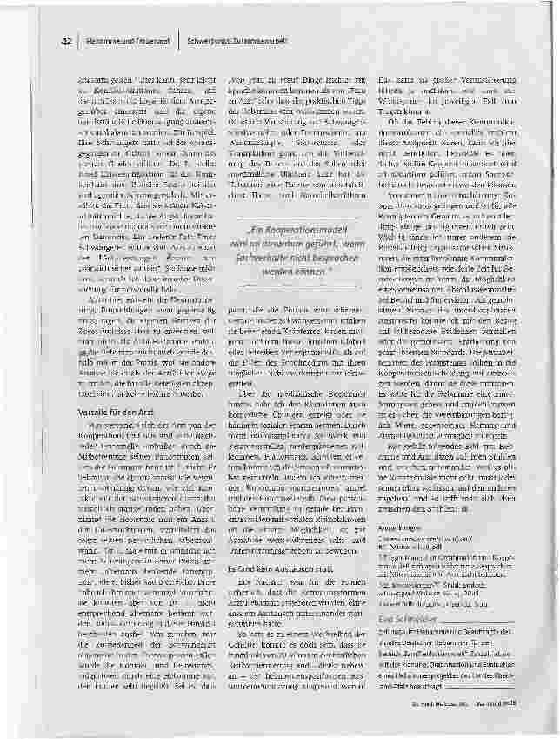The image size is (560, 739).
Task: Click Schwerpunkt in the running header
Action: pos(208,41)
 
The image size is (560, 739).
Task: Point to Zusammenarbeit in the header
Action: pos(257,41)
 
